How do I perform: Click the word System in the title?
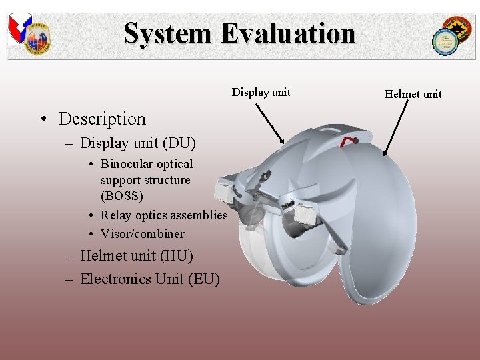pyautogui.click(x=166, y=33)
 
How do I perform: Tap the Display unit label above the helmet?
pyautogui.click(x=261, y=92)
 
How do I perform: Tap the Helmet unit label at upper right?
pyautogui.click(x=413, y=94)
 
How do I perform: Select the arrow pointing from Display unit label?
pyautogui.click(x=269, y=122)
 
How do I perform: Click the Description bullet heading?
pyautogui.click(x=101, y=119)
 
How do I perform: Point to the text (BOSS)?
pyautogui.click(x=122, y=196)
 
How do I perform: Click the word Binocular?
pyautogui.click(x=127, y=164)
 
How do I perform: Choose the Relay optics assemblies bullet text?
pyautogui.click(x=164, y=215)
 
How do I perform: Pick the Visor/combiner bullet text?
pyautogui.click(x=142, y=233)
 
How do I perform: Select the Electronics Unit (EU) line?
pyautogui.click(x=149, y=279)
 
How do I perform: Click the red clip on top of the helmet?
pyautogui.click(x=347, y=142)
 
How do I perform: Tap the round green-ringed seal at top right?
pyautogui.click(x=443, y=41)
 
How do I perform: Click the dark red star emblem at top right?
pyautogui.click(x=459, y=29)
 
